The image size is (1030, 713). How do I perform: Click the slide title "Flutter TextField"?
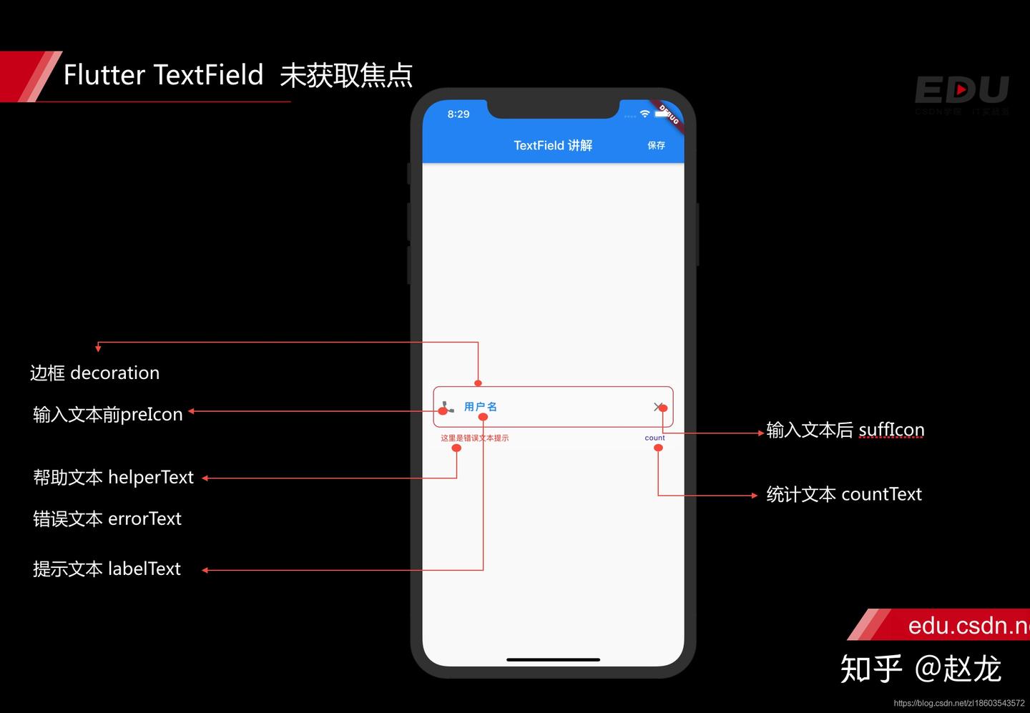click(x=163, y=75)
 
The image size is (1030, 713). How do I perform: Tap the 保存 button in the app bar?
click(x=656, y=145)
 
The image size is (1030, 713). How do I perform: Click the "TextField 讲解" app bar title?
click(x=553, y=145)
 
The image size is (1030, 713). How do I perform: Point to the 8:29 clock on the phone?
click(x=458, y=114)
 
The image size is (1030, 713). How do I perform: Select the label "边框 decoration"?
click(x=94, y=373)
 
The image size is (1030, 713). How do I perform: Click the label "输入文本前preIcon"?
click(x=108, y=414)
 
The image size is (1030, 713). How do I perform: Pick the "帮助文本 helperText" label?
click(x=113, y=477)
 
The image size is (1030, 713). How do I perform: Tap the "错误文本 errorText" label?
click(x=107, y=518)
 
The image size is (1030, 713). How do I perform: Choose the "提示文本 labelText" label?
click(x=107, y=569)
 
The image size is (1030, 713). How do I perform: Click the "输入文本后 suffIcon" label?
click(x=845, y=430)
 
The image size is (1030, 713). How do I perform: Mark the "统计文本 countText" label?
click(x=844, y=494)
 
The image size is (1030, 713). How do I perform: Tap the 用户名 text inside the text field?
click(x=480, y=406)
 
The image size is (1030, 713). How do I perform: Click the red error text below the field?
click(x=474, y=438)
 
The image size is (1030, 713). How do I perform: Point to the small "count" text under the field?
click(x=654, y=438)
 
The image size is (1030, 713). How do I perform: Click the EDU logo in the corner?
click(x=961, y=91)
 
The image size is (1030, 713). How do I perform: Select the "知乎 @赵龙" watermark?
click(x=920, y=669)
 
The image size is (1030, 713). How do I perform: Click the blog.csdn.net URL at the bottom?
click(x=958, y=703)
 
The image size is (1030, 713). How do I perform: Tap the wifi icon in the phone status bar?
click(x=644, y=114)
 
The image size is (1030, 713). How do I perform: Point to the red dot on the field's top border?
click(x=478, y=383)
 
